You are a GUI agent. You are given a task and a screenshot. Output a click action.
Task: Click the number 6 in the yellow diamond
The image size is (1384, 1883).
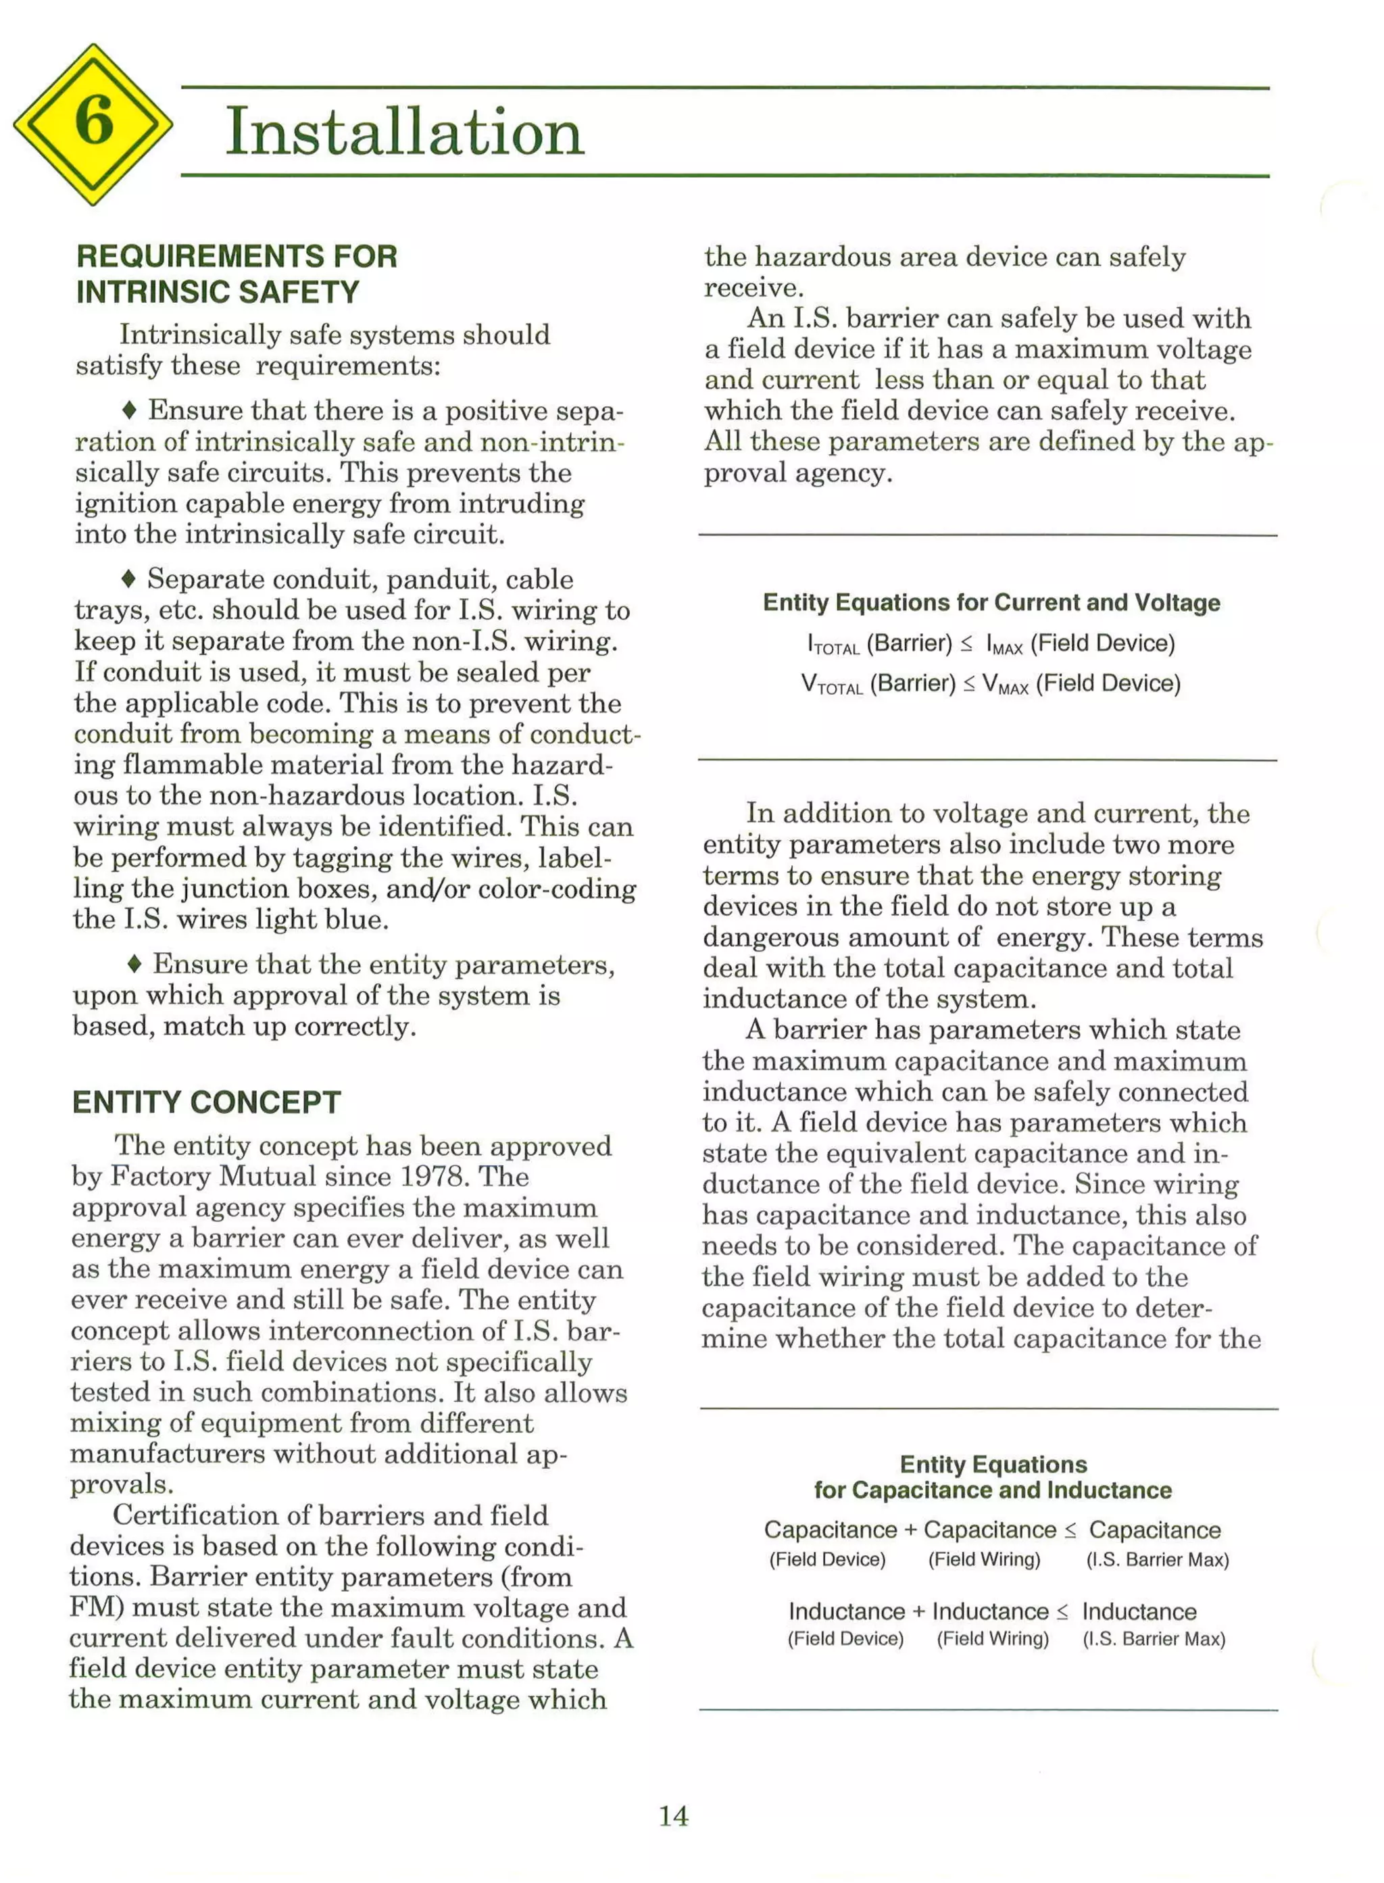click(x=93, y=122)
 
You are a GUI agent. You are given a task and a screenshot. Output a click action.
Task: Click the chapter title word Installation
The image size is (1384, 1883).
click(x=405, y=132)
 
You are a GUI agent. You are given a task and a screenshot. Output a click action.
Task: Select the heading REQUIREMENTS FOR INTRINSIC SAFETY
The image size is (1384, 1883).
click(x=237, y=274)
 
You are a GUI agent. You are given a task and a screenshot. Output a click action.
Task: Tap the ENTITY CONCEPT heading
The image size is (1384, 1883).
click(x=206, y=1102)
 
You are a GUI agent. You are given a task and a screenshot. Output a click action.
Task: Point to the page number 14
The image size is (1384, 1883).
click(x=674, y=1816)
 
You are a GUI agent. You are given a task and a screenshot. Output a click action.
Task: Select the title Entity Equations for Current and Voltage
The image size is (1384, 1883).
click(x=991, y=602)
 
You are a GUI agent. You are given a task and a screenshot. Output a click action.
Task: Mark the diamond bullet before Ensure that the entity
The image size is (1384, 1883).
click(x=133, y=964)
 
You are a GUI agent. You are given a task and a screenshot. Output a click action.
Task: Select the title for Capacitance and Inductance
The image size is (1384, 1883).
click(x=992, y=1490)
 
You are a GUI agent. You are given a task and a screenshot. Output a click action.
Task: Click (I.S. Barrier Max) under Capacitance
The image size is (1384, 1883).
click(x=1157, y=1559)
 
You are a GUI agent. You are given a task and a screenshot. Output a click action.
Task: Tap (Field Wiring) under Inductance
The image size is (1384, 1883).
click(x=993, y=1638)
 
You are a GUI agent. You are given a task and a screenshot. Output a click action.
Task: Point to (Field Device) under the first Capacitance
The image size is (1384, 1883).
click(x=827, y=1559)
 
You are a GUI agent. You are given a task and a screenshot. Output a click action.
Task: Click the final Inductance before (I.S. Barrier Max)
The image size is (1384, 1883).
click(x=1139, y=1611)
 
